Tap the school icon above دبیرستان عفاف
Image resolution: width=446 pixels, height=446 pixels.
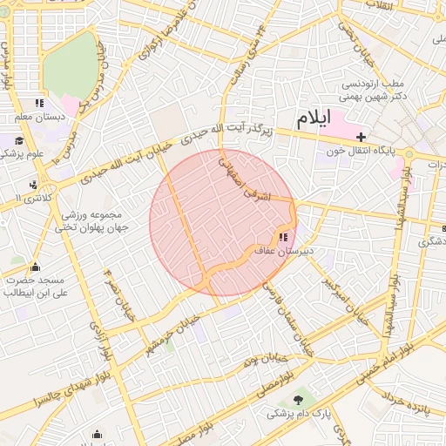(283, 237)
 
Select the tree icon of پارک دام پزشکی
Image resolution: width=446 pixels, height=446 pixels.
(301, 400)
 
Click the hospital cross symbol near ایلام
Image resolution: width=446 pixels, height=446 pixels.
(361, 137)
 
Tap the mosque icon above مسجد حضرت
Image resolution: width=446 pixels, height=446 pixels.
(35, 267)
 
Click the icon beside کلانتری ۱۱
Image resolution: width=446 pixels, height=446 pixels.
(33, 185)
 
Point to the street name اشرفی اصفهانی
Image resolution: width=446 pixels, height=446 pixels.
(244, 180)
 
